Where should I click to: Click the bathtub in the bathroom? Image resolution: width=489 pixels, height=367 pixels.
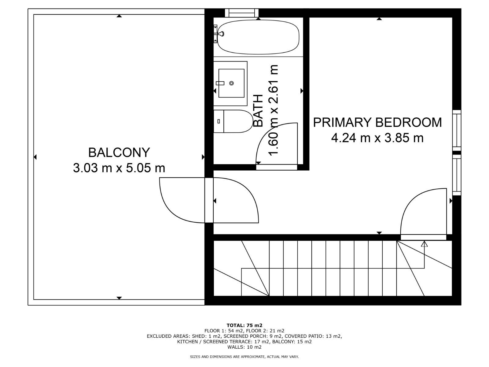pos(258,37)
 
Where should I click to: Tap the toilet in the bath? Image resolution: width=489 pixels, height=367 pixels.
pos(233,121)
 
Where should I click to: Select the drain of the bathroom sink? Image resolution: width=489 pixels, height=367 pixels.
pos(231,83)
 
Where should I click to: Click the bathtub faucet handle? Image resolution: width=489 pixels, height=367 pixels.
pos(221,34)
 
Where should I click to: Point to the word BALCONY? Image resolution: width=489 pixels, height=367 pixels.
pos(119,152)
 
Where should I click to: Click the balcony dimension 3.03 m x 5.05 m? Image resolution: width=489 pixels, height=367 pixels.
pos(119,168)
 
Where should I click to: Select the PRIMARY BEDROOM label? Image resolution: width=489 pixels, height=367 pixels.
pos(377,122)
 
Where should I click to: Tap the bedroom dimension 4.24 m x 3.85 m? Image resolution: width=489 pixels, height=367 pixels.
pos(377,138)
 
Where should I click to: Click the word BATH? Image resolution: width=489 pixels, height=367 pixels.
pos(259,111)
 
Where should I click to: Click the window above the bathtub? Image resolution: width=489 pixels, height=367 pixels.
pos(242,13)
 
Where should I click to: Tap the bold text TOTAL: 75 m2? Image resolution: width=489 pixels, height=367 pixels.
pos(244,325)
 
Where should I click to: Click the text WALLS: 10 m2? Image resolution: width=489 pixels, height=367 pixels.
pos(244,347)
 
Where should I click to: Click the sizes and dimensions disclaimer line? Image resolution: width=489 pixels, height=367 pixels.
pos(244,357)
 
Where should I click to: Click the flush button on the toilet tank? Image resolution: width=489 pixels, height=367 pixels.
pos(219,121)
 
